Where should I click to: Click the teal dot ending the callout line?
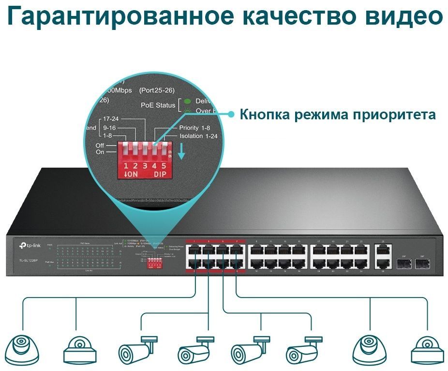click(231, 114)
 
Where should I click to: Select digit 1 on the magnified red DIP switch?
click(126, 166)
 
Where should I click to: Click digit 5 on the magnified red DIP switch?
click(164, 166)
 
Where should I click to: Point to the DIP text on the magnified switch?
click(160, 174)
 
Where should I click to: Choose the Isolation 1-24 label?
click(198, 136)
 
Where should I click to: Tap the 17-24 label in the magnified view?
click(111, 118)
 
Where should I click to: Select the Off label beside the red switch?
click(100, 145)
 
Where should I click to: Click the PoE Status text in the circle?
click(158, 105)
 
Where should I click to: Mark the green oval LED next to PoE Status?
click(187, 102)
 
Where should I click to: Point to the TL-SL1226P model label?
click(30, 260)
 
